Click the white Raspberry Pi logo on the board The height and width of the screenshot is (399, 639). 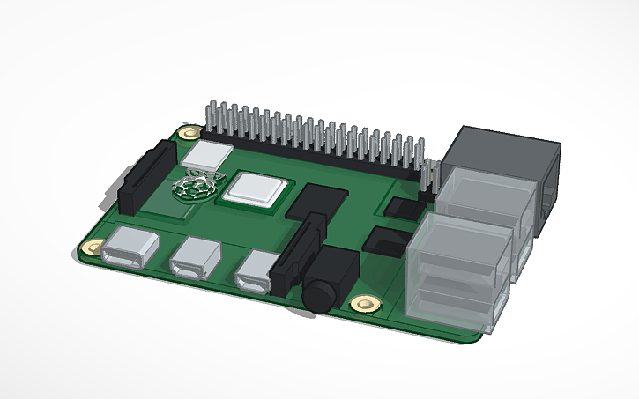[x=193, y=188]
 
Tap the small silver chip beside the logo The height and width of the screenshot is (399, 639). [x=209, y=154]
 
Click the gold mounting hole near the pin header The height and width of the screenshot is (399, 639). [x=187, y=133]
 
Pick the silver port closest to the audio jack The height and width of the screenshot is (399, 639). [x=256, y=270]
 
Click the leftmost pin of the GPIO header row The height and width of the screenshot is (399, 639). [x=212, y=119]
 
